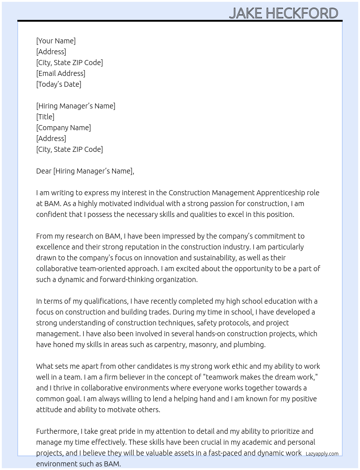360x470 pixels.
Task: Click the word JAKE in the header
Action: pyautogui.click(x=245, y=13)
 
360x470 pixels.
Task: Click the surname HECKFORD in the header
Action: pyautogui.click(x=302, y=13)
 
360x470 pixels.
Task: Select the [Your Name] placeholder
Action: pyautogui.click(x=56, y=41)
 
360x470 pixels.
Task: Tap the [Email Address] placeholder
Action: pyautogui.click(x=61, y=73)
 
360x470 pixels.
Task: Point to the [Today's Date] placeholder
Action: pyautogui.click(x=59, y=84)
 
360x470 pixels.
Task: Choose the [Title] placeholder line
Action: pyautogui.click(x=45, y=117)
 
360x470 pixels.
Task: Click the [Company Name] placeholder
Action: pyautogui.click(x=63, y=128)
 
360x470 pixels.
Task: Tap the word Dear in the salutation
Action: pyautogui.click(x=44, y=171)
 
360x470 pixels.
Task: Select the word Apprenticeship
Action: pyautogui.click(x=280, y=193)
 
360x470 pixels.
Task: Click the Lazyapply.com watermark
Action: pyautogui.click(x=322, y=454)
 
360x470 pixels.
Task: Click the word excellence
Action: pyautogui.click(x=53, y=247)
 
